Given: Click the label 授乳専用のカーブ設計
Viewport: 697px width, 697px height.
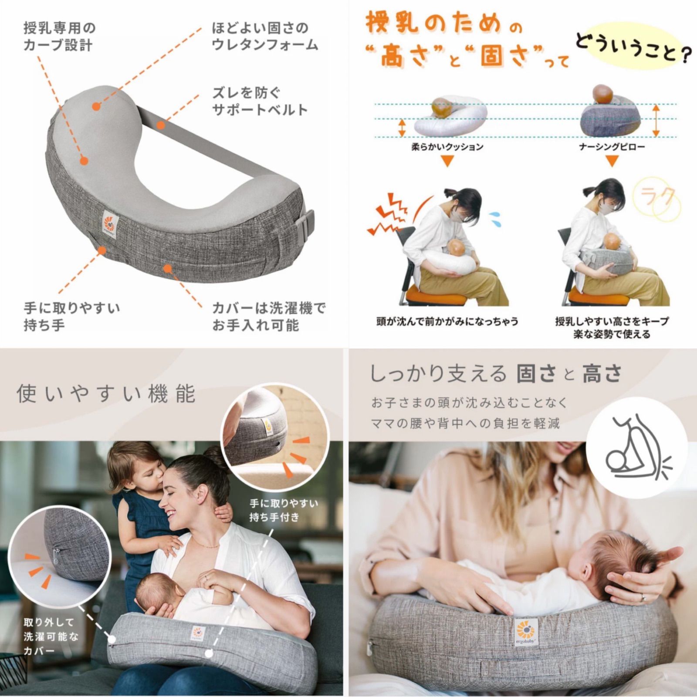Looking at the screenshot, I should [59, 37].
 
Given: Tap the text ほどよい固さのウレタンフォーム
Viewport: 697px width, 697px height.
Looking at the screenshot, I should [264, 37].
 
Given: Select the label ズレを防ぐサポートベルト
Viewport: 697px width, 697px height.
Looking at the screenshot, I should [260, 101].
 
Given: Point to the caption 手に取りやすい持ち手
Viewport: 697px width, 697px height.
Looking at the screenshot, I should [71, 317].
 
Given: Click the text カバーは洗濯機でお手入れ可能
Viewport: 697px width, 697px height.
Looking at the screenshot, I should [268, 317].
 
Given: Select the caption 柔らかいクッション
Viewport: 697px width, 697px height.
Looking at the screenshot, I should [447, 147].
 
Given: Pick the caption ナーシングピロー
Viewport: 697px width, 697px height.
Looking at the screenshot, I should [612, 147].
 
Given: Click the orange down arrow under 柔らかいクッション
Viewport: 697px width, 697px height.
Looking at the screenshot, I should [447, 162].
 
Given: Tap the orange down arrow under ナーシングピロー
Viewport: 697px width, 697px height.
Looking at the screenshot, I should [612, 162].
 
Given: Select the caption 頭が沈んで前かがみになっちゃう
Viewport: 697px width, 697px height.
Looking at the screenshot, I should [447, 321].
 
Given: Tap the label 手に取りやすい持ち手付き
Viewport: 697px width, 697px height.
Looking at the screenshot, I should [284, 510].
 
